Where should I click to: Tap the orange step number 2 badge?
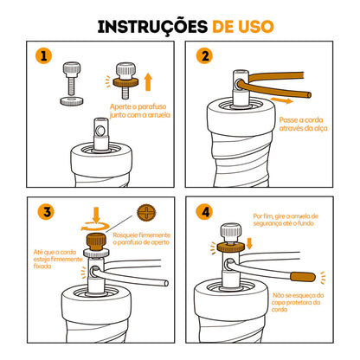tap(204, 57)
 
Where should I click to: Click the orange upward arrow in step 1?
tap(149, 83)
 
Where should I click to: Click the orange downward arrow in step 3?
tap(93, 212)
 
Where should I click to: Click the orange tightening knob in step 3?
tap(93, 239)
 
